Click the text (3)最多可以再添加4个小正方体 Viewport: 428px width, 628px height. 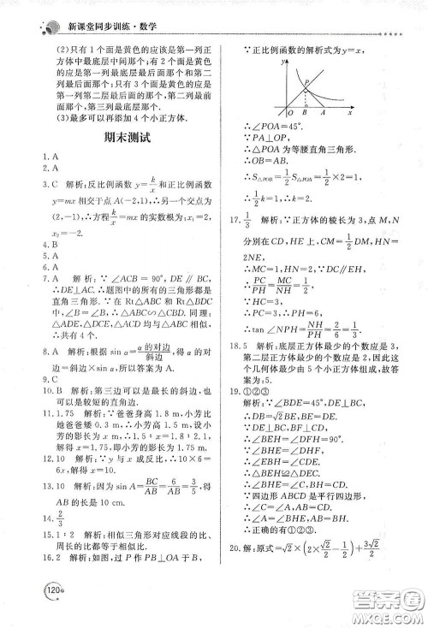[x=118, y=115]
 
